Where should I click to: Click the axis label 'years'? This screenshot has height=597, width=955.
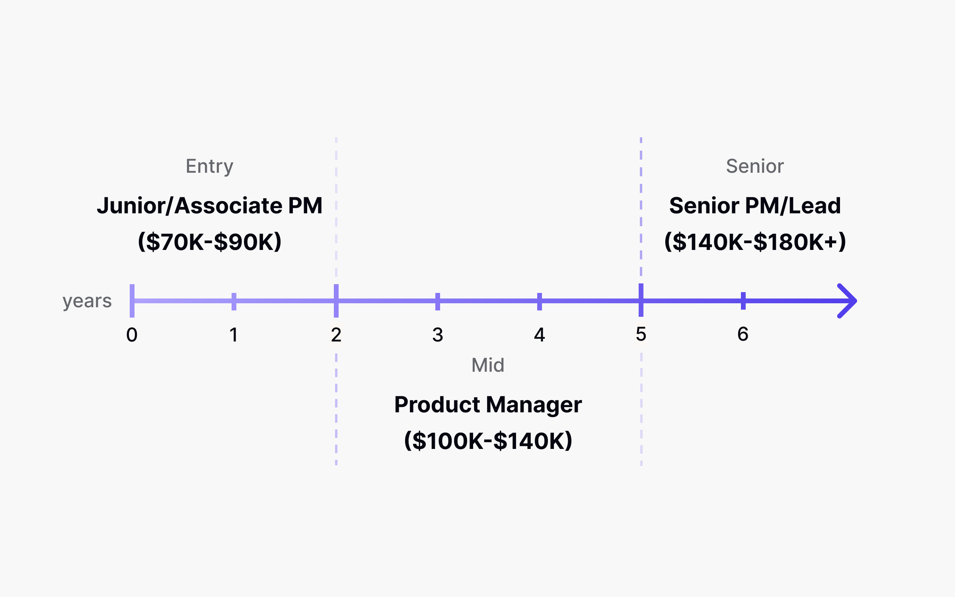(x=87, y=301)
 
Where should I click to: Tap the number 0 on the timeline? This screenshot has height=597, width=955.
(x=132, y=335)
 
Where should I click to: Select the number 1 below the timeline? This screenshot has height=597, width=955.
(x=234, y=335)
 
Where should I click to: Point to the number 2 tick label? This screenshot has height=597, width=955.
(x=336, y=335)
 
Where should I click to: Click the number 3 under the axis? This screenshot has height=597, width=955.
(x=438, y=335)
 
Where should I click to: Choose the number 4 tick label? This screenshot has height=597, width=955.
(x=540, y=335)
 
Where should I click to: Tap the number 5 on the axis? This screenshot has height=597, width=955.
(x=641, y=334)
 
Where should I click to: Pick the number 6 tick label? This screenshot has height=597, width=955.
(x=743, y=334)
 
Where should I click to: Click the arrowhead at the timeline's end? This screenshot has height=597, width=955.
(x=848, y=301)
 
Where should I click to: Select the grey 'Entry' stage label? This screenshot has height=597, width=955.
(x=210, y=166)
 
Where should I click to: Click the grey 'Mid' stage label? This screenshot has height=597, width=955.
(x=488, y=365)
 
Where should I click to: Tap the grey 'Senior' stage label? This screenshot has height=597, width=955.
(x=755, y=166)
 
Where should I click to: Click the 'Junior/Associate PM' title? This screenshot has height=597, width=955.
(x=210, y=206)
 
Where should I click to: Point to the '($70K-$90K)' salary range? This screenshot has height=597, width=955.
(x=210, y=242)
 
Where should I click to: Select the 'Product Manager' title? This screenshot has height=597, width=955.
(x=488, y=405)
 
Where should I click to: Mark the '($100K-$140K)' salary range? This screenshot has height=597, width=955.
(x=488, y=441)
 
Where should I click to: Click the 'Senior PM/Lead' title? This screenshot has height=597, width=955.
(x=755, y=206)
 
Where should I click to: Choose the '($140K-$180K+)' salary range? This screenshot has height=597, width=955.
(x=755, y=242)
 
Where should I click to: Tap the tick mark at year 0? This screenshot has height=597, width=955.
(x=132, y=301)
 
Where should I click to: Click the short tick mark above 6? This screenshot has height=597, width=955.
(x=743, y=301)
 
